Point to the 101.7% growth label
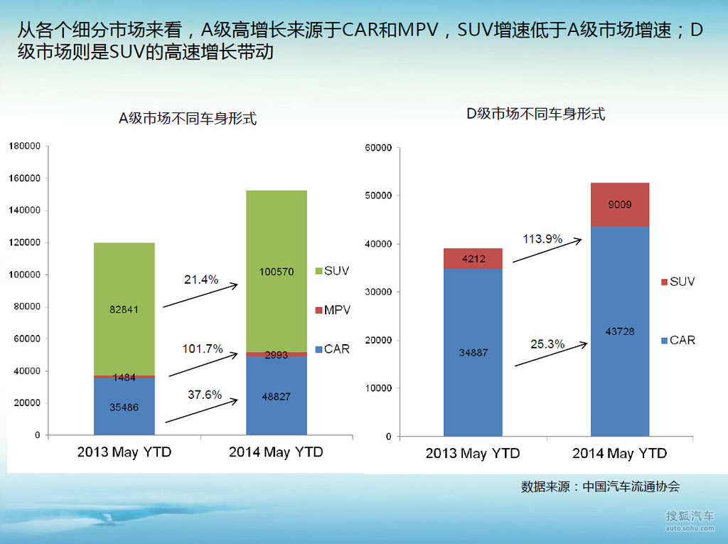tap(203, 348)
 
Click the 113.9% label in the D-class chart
tap(542, 239)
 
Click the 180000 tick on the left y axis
tap(24, 146)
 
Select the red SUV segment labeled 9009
tap(620, 205)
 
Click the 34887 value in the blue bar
tap(473, 352)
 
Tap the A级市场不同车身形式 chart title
tap(187, 119)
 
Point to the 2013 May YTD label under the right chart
tap(473, 454)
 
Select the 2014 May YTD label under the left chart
tap(276, 452)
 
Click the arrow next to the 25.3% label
tap(551, 354)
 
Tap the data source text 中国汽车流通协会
tap(631, 486)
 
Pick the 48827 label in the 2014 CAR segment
tap(277, 397)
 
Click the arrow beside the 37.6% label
tap(201, 412)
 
